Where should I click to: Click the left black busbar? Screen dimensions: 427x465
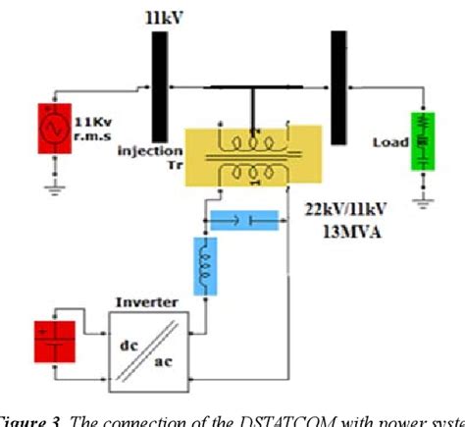159,87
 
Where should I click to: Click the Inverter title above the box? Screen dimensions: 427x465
144,299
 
